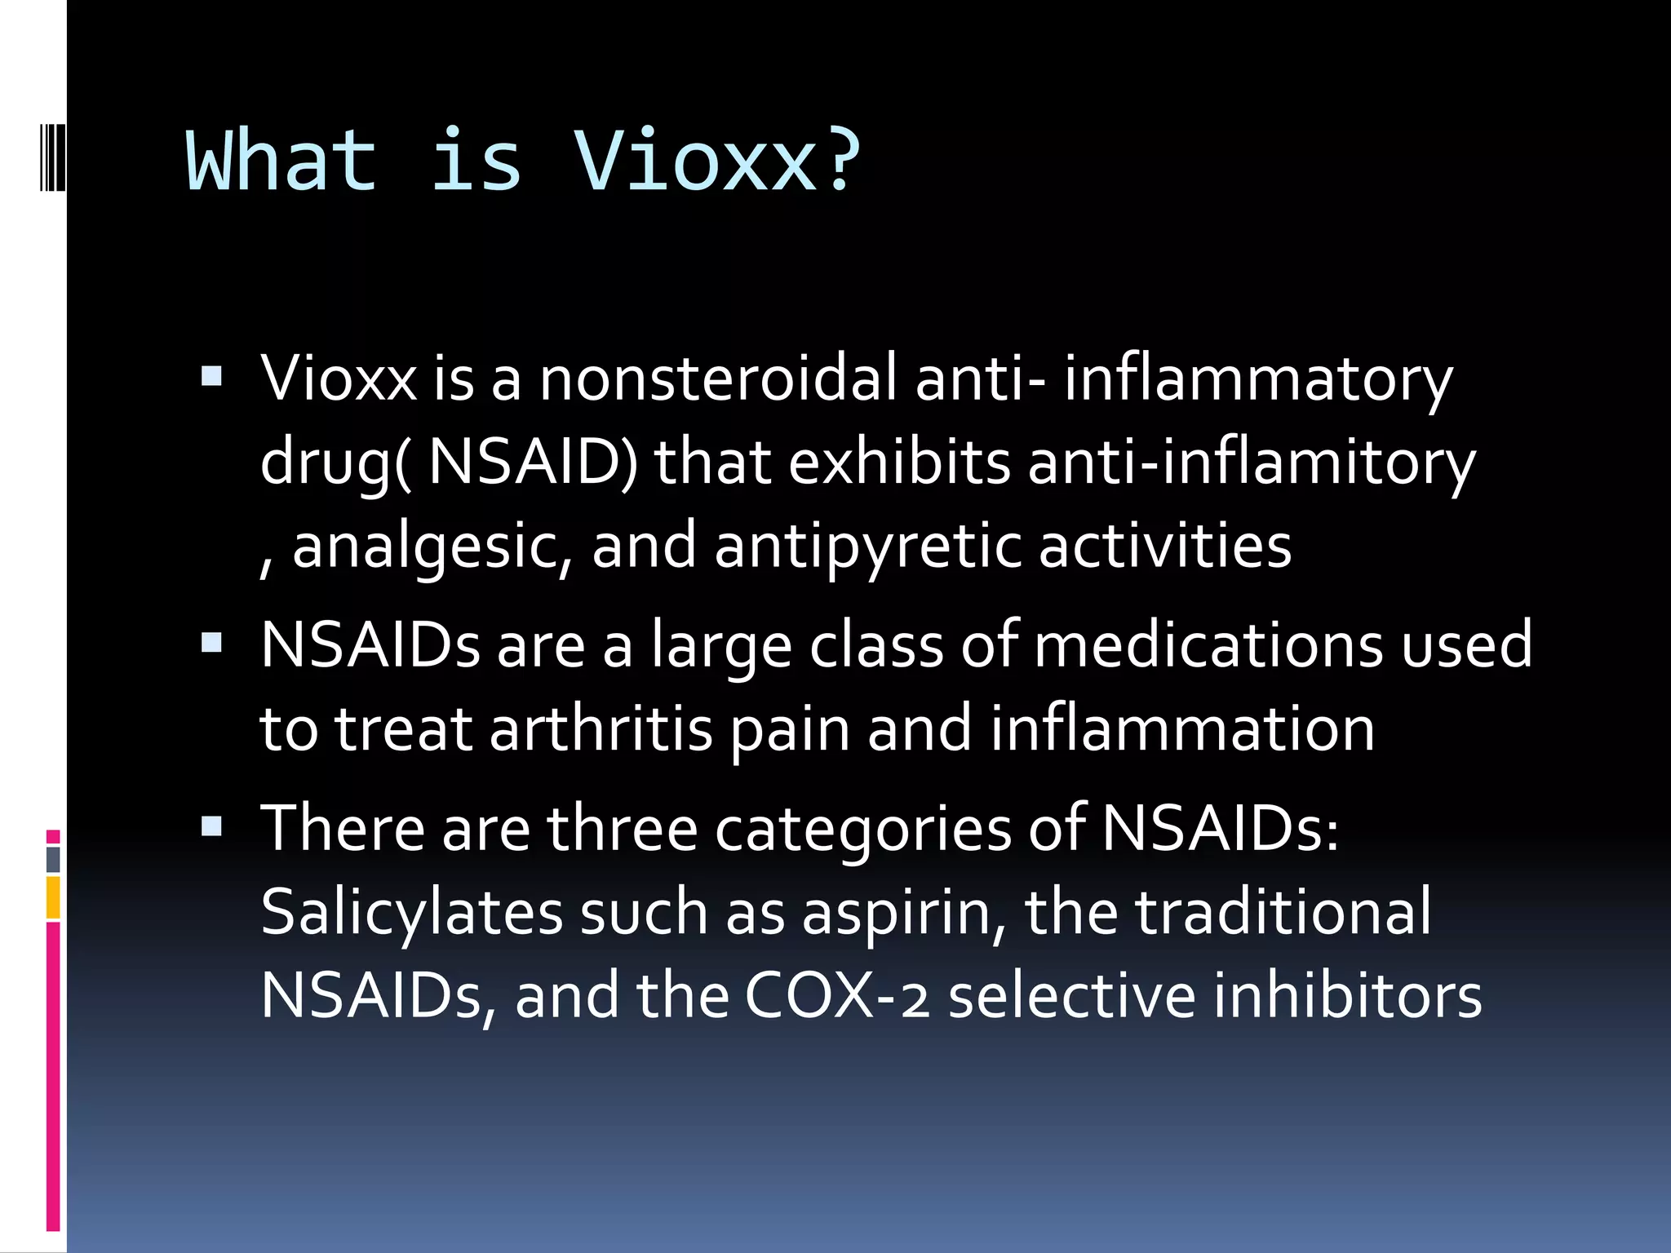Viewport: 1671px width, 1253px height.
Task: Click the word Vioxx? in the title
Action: [716, 161]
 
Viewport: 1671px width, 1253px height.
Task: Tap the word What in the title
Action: [281, 161]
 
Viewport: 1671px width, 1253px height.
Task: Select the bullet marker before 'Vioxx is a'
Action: [211, 375]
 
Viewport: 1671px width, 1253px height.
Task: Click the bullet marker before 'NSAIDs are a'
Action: [211, 643]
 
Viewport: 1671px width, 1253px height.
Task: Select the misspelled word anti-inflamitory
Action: [1251, 463]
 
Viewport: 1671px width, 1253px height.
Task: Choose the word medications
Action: [1208, 645]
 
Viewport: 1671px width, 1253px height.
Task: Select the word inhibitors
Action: [1346, 996]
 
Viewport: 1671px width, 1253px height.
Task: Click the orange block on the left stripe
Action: [53, 897]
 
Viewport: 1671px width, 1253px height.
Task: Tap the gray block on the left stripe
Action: [53, 859]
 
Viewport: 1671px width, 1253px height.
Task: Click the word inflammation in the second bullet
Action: [1182, 728]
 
